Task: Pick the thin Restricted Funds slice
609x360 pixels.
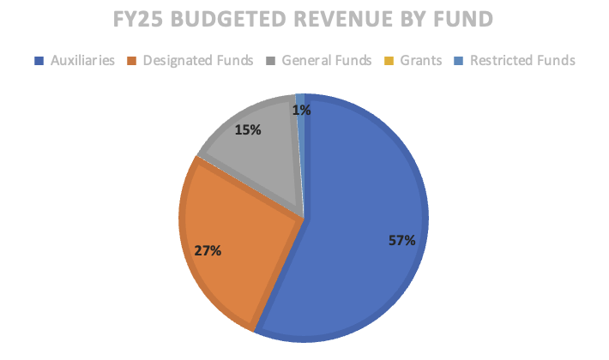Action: pos(300,137)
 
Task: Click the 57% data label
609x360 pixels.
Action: pos(401,241)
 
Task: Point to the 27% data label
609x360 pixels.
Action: pos(208,251)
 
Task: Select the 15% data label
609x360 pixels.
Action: pos(248,130)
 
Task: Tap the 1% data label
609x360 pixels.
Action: pos(301,110)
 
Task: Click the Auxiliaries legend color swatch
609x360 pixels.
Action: pos(38,61)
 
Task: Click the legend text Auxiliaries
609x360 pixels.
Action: pos(81,61)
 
